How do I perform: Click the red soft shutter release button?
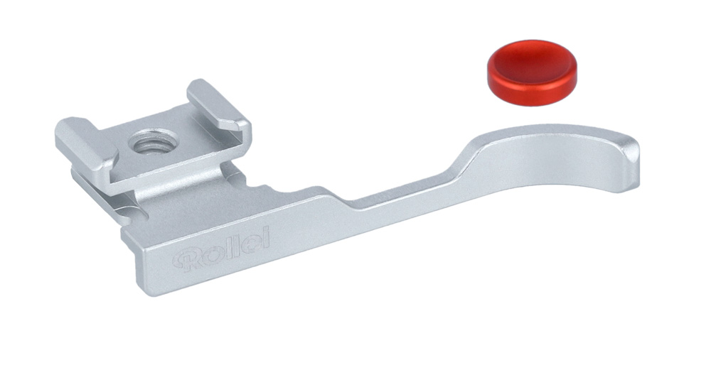532,72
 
